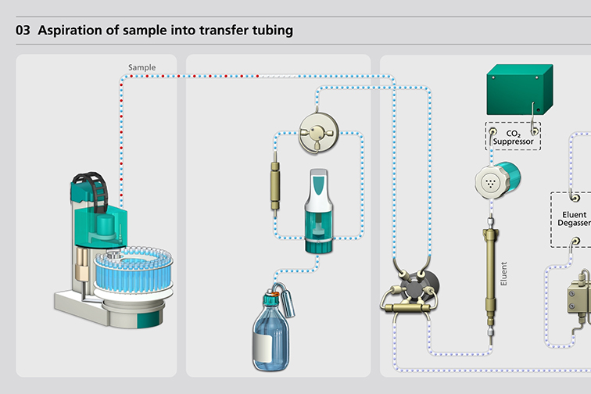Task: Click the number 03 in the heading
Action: [23, 30]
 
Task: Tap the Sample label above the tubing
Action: [141, 67]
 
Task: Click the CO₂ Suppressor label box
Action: [513, 137]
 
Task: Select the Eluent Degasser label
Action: [574, 219]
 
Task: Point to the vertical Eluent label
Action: [503, 274]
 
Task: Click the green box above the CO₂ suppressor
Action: [520, 89]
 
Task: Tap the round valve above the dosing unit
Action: [318, 133]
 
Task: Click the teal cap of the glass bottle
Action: [270, 299]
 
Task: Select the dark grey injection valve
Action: [419, 288]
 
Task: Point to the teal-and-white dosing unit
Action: [318, 210]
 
